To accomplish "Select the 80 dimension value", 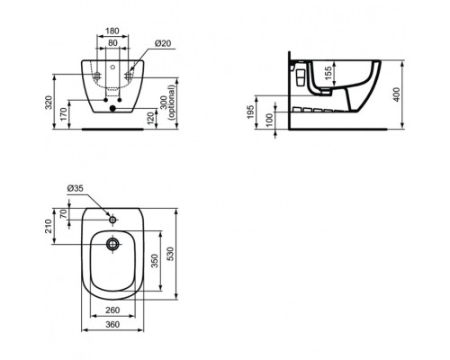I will tap(112, 41).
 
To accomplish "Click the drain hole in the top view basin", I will tap(112, 243).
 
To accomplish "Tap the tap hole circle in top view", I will tap(112, 218).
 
